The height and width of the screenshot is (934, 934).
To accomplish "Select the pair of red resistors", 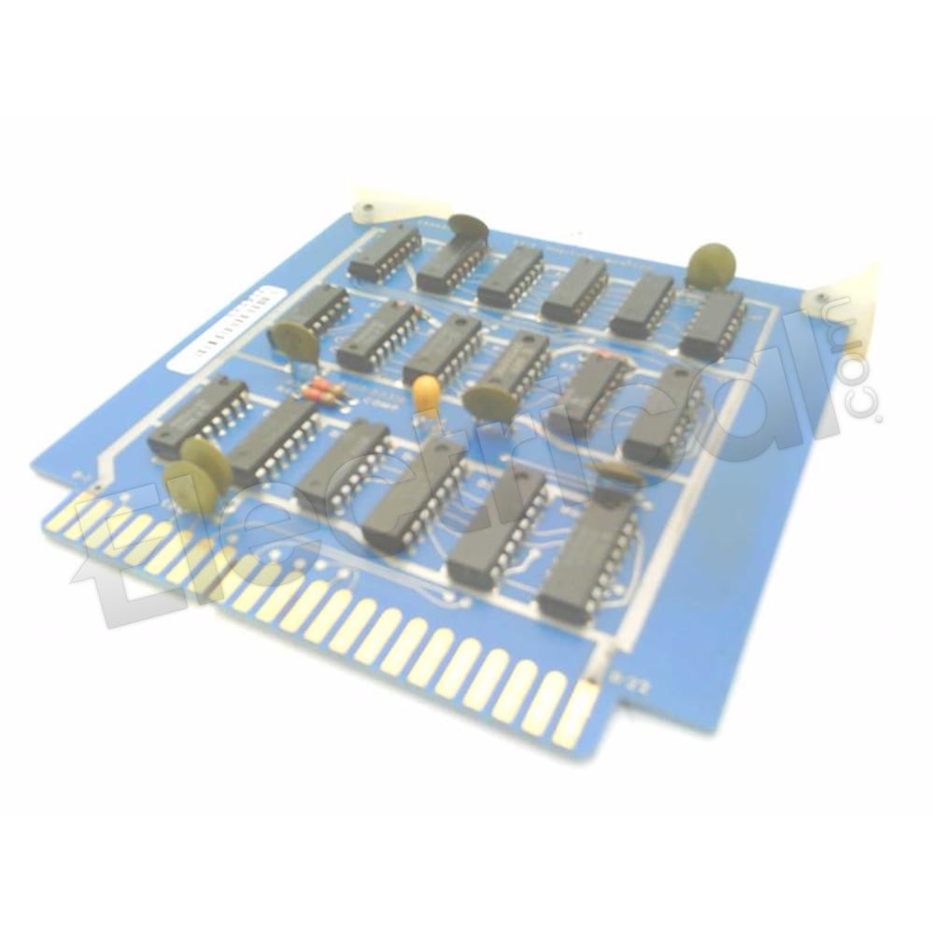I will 322,390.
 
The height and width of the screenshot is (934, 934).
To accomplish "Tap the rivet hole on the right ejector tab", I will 821,298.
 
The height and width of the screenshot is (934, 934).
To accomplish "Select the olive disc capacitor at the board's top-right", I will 711,263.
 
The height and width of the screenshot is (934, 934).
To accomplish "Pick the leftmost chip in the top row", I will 385,252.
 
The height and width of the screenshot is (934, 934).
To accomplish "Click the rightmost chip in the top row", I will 712,324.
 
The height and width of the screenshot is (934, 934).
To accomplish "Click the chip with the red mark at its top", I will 588,392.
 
